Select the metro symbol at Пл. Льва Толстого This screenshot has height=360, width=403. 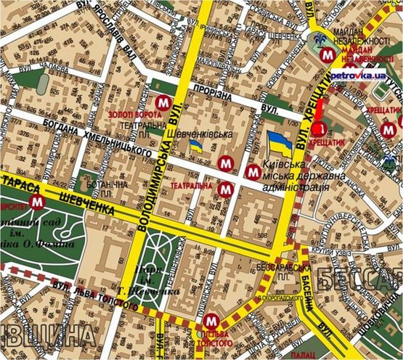click(211, 319)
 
